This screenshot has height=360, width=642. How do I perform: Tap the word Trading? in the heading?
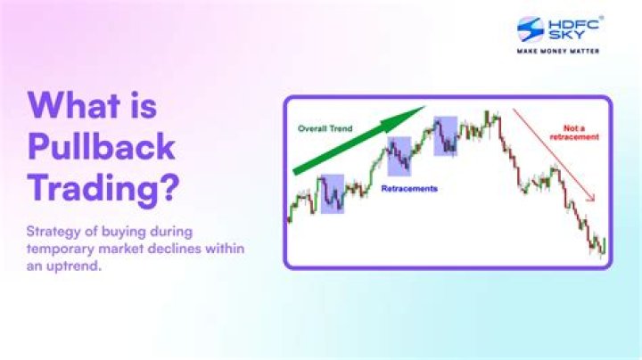point(101,189)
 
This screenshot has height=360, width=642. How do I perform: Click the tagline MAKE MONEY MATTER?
point(558,51)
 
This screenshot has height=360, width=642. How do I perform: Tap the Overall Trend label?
point(325,128)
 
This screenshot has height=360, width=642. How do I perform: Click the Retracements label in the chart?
point(409,189)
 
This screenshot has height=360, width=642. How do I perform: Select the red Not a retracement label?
point(580,132)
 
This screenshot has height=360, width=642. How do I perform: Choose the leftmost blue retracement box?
point(332,193)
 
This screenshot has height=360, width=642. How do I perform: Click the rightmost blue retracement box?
point(446,136)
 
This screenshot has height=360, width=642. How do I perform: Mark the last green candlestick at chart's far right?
point(604,244)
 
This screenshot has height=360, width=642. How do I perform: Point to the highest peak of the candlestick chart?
point(489,113)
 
